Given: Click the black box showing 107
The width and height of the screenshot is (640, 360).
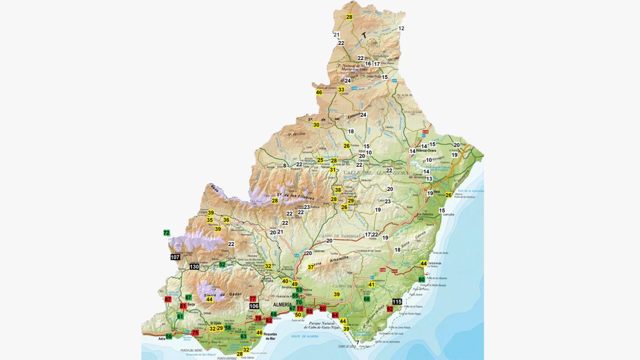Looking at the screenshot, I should (x=175, y=257).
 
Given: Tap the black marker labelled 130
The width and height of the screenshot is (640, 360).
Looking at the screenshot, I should (x=194, y=267).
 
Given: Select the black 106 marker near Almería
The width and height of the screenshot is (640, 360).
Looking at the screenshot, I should (x=254, y=306).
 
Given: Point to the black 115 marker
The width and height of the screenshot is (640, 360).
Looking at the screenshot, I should (x=396, y=302).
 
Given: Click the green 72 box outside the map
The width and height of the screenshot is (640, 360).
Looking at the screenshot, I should (x=166, y=233).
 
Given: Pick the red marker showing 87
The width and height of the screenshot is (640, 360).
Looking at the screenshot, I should (x=168, y=300).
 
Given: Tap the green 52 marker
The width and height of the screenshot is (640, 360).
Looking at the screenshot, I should (x=222, y=265).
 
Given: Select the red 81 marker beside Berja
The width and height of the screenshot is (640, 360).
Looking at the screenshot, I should (x=183, y=306).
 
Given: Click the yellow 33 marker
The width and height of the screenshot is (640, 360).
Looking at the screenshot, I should (x=341, y=90).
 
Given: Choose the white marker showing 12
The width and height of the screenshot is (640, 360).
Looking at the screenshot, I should (x=401, y=28).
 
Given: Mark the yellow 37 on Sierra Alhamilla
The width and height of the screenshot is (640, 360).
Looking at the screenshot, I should (x=311, y=267).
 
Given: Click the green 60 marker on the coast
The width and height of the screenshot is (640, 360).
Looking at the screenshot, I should (x=421, y=279).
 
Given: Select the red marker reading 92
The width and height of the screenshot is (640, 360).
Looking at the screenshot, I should (x=390, y=309).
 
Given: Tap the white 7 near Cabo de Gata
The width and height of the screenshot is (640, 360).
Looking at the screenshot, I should (x=357, y=342).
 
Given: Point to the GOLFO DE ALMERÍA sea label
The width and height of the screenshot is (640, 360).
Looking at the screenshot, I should (x=305, y=336).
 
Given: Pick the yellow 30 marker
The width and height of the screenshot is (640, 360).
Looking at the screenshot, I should (x=316, y=125).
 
